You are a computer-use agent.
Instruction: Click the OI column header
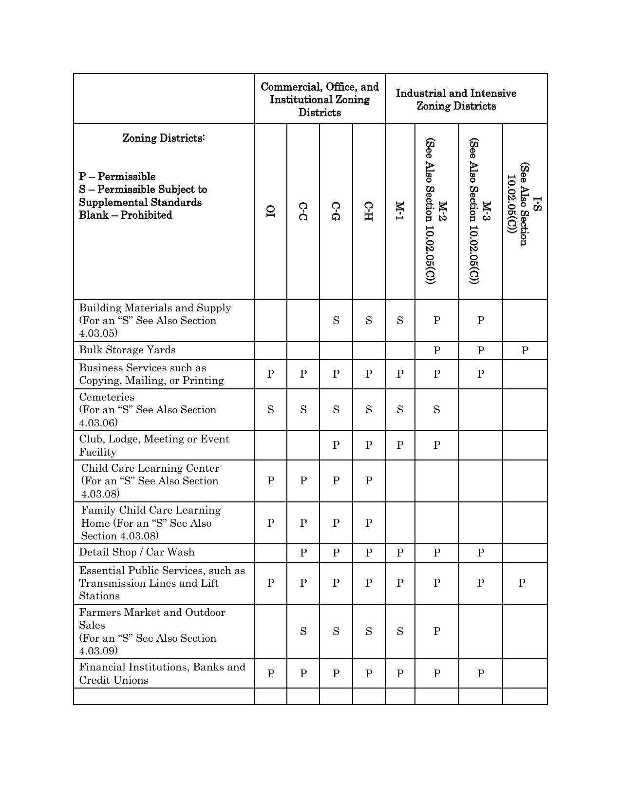click(270, 211)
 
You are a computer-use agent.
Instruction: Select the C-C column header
click(303, 211)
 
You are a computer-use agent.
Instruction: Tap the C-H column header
click(369, 211)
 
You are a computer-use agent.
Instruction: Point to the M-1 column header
click(400, 211)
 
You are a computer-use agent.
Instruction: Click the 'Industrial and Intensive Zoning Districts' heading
click(456, 99)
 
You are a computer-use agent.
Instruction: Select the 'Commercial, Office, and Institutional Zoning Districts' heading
click(320, 99)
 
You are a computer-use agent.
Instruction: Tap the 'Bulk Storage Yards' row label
click(127, 350)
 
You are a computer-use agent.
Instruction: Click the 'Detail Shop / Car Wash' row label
click(137, 552)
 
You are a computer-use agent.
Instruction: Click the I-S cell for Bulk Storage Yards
click(525, 350)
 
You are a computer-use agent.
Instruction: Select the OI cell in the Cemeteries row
click(270, 410)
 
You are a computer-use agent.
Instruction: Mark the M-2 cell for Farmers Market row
click(436, 632)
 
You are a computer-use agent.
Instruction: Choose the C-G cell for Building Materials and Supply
click(336, 321)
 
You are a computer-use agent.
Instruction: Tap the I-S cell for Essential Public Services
click(522, 583)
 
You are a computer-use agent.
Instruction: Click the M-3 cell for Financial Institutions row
click(480, 673)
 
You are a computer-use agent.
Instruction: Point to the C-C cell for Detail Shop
click(303, 553)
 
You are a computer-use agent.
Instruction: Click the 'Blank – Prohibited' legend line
click(126, 215)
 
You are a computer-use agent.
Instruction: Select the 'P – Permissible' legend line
click(117, 176)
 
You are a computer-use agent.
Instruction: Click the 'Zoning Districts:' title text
click(164, 138)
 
